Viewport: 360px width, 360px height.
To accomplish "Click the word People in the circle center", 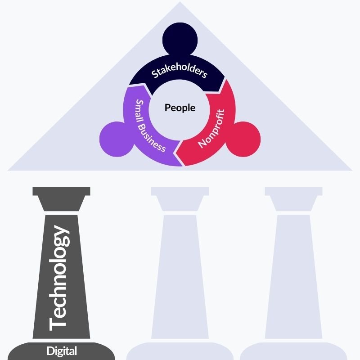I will (180, 108).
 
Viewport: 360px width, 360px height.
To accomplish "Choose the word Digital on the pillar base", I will (62, 351).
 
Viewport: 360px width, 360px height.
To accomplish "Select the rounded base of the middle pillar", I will (180, 351).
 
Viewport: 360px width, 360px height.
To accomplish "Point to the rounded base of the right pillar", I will (293, 351).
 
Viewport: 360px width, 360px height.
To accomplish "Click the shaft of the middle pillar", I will (180, 274).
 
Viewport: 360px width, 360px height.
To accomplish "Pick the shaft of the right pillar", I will (293, 274).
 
